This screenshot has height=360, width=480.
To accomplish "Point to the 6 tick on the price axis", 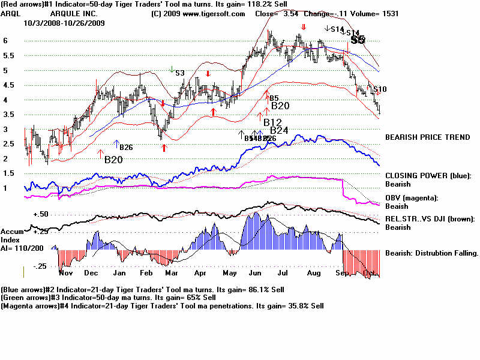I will point(5,41).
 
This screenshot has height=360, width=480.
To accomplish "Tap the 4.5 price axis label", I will point(8,85).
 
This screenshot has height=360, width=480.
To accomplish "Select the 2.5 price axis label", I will point(8,144).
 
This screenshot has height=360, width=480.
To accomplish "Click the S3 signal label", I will point(180,73).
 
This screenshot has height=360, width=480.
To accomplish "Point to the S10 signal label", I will point(380,89).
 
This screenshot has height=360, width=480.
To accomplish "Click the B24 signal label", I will point(280,130).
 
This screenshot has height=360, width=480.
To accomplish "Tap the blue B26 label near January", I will point(126,148).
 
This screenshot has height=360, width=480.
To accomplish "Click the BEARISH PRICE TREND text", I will point(427,137).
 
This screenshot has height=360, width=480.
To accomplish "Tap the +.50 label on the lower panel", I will point(40,214).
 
